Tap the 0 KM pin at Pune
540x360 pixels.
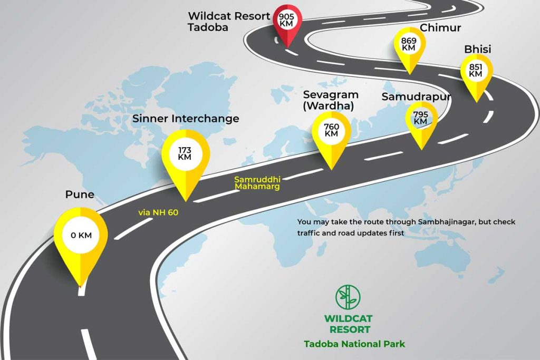point(81,241)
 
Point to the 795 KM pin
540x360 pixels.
point(421,122)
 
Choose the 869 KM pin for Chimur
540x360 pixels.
point(409,48)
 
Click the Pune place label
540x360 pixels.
point(80,194)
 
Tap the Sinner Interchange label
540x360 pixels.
point(186,119)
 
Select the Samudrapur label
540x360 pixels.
point(416,96)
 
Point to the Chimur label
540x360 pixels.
point(440,27)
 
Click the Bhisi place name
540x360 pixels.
point(478,49)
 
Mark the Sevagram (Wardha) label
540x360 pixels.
point(331,100)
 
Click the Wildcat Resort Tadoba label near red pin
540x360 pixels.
point(229,21)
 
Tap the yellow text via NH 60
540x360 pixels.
point(158,212)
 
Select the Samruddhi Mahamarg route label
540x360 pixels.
point(257,183)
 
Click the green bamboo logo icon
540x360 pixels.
point(348,297)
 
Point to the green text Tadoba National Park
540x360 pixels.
point(354,344)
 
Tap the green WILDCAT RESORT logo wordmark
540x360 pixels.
point(348,324)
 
